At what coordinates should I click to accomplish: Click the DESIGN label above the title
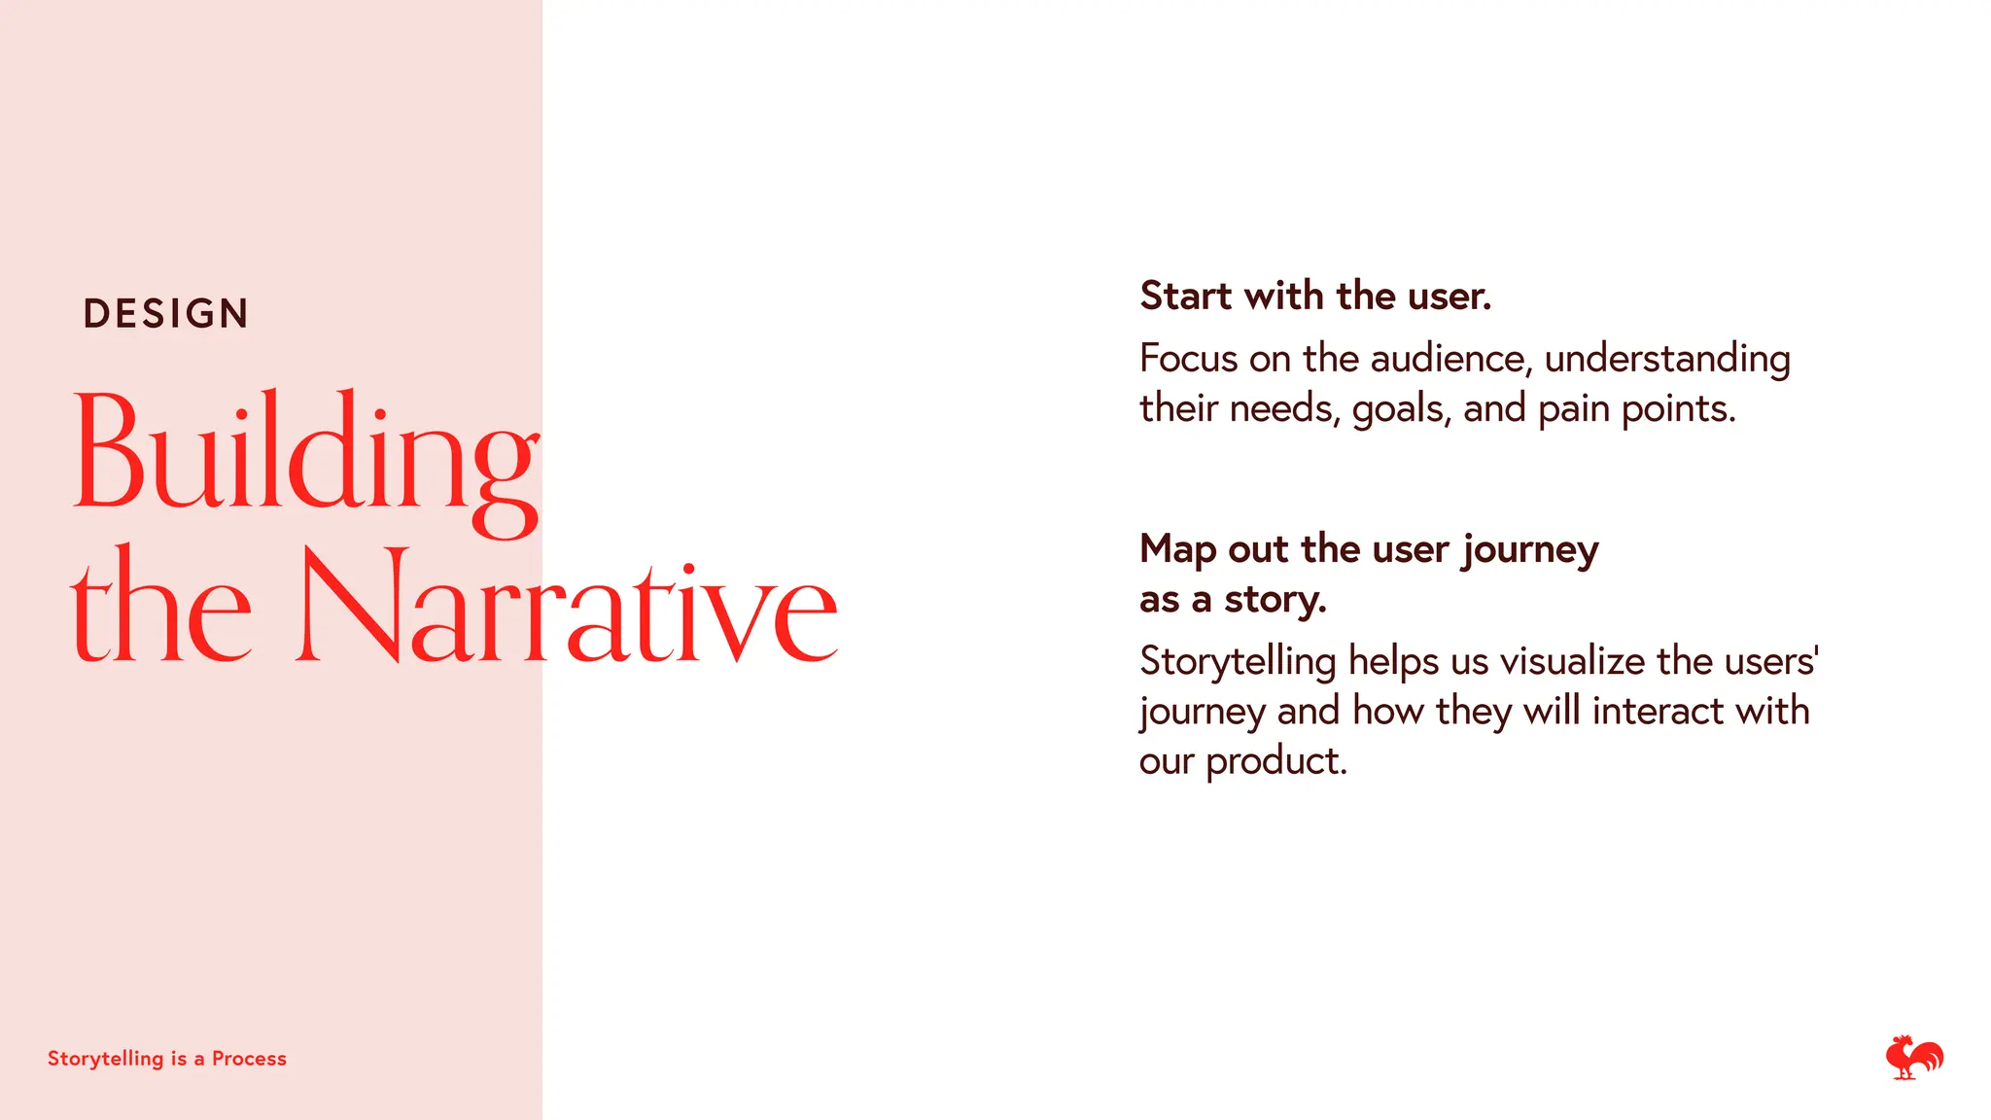pos(166,314)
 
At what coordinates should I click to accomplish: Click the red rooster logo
pos(1913,1057)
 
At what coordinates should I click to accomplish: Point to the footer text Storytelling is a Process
pos(167,1059)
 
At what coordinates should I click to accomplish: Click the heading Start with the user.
pos(1314,296)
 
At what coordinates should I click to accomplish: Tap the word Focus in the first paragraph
pos(1188,359)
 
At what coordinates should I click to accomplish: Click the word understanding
pos(1666,359)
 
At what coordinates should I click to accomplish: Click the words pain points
pos(1636,409)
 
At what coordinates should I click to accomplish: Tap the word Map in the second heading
pos(1177,550)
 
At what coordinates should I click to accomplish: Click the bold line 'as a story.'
pos(1233,600)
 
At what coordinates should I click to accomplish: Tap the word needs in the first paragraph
pos(1283,408)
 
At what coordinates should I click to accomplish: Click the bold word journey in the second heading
pos(1530,550)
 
